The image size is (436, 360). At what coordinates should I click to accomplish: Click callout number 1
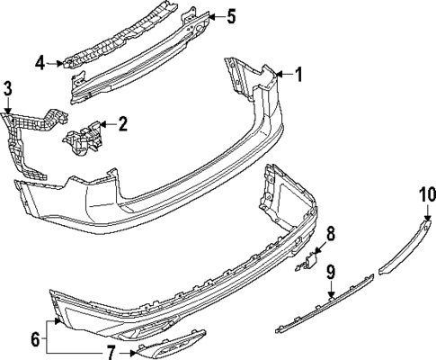click(x=298, y=74)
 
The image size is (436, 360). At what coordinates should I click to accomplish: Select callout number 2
click(x=123, y=124)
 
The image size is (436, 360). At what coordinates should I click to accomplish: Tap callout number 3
click(x=7, y=89)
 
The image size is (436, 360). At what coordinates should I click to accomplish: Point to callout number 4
click(x=40, y=63)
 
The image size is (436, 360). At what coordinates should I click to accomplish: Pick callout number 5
click(x=231, y=16)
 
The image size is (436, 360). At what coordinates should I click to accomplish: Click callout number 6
click(x=35, y=339)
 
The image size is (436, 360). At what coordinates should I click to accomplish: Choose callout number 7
click(x=111, y=353)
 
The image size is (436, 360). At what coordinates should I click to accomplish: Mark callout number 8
click(x=330, y=235)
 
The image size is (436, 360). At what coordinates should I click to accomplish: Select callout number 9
click(x=331, y=273)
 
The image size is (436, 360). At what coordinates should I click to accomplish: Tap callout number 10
click(x=428, y=195)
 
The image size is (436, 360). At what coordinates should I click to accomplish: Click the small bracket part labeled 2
click(x=82, y=138)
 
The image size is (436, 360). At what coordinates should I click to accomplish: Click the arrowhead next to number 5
click(x=212, y=17)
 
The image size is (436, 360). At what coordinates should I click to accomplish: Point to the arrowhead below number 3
click(x=7, y=110)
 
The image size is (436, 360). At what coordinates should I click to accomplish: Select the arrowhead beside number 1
click(x=280, y=74)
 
